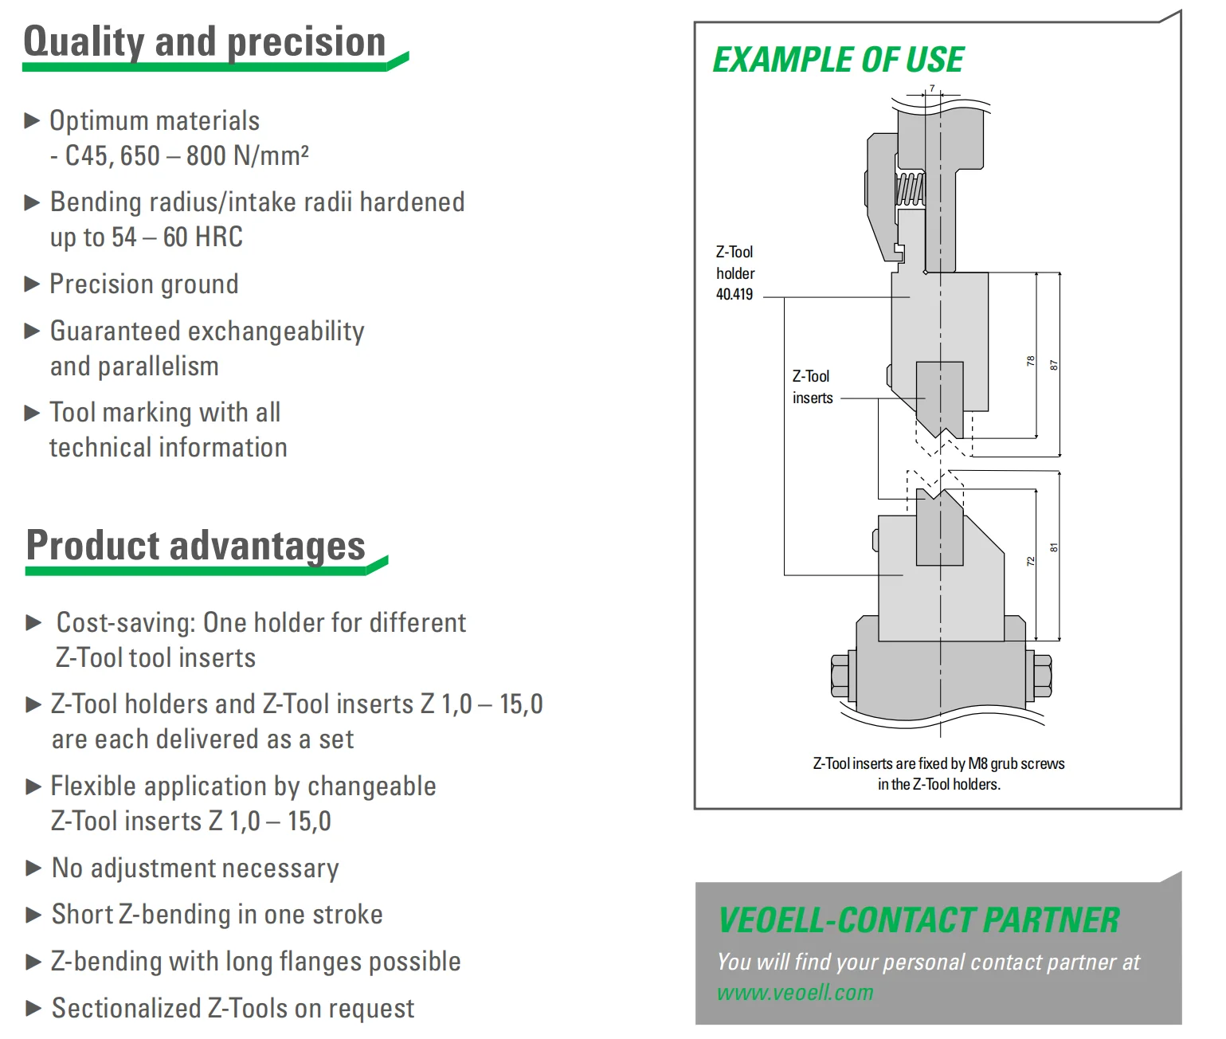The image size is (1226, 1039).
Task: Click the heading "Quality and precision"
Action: tap(204, 41)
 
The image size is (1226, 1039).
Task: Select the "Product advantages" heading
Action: tap(196, 546)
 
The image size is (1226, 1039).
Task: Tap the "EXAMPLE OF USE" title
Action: tap(838, 61)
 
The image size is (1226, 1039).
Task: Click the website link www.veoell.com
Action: tap(795, 993)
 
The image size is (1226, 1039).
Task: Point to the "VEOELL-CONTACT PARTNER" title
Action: tap(919, 920)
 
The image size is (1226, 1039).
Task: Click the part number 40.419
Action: tap(734, 295)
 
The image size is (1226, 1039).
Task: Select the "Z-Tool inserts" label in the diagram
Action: tap(812, 387)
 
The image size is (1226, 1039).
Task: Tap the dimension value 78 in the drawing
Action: tap(1031, 361)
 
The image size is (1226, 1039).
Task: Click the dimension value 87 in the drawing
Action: tap(1054, 365)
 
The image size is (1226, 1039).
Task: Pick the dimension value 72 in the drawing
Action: tap(1031, 561)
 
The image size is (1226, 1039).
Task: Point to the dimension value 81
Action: tap(1054, 548)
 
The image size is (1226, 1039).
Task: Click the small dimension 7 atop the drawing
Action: tap(932, 88)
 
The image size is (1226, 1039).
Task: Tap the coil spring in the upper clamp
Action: tap(910, 190)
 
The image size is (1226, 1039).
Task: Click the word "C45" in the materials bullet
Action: tap(85, 156)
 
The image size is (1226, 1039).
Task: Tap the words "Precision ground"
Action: tap(144, 284)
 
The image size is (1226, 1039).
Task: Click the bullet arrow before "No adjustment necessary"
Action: tap(33, 868)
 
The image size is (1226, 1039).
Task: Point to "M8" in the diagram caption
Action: tap(977, 764)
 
